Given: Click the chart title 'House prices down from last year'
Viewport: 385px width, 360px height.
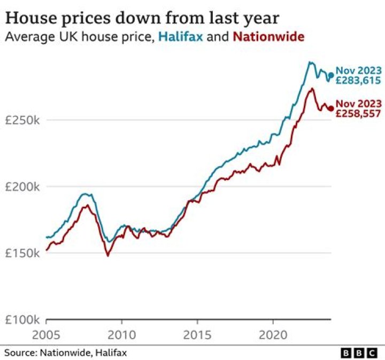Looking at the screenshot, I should click(x=142, y=18).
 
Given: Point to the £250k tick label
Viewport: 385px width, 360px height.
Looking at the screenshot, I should click(x=22, y=120).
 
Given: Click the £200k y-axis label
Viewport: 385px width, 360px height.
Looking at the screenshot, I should click(x=22, y=187).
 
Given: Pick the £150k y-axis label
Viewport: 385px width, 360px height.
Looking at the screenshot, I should click(x=22, y=253).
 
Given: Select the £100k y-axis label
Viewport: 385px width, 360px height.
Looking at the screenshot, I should click(x=22, y=320).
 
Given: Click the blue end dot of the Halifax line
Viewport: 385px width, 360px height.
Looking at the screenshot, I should click(x=330, y=75).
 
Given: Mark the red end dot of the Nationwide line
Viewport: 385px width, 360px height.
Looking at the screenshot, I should click(x=330, y=108).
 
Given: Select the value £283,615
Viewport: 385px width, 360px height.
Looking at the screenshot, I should click(x=358, y=81).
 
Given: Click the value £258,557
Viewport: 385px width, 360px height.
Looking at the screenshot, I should click(x=358, y=114).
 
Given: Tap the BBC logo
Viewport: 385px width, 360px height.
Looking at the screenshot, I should click(x=359, y=353).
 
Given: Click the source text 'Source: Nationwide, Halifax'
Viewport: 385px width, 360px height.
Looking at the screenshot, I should click(x=66, y=353).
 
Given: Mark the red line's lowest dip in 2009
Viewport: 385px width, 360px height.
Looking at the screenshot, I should click(x=108, y=255).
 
